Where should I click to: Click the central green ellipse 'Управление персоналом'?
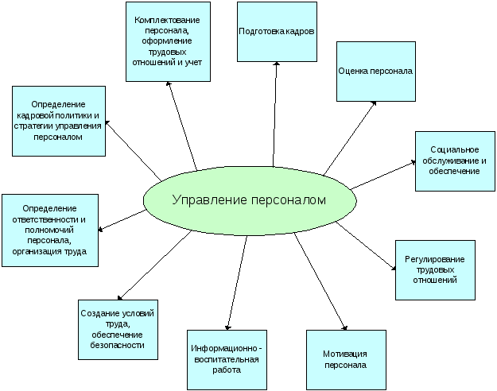[248, 201]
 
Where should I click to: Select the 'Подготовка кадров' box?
[277, 32]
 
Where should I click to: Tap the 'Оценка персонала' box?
[375, 71]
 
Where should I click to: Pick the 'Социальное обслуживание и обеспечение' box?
[455, 161]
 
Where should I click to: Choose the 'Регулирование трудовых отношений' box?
[435, 269]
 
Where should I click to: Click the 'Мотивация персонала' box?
[346, 360]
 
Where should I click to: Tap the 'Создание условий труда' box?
[118, 329]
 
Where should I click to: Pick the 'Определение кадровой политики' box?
[60, 120]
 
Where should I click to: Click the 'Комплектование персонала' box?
[168, 41]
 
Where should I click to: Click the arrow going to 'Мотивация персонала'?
[320, 280]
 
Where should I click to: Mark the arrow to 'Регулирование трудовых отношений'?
[366, 247]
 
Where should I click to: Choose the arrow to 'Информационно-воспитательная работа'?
[237, 282]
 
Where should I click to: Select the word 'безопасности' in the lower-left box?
[118, 345]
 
